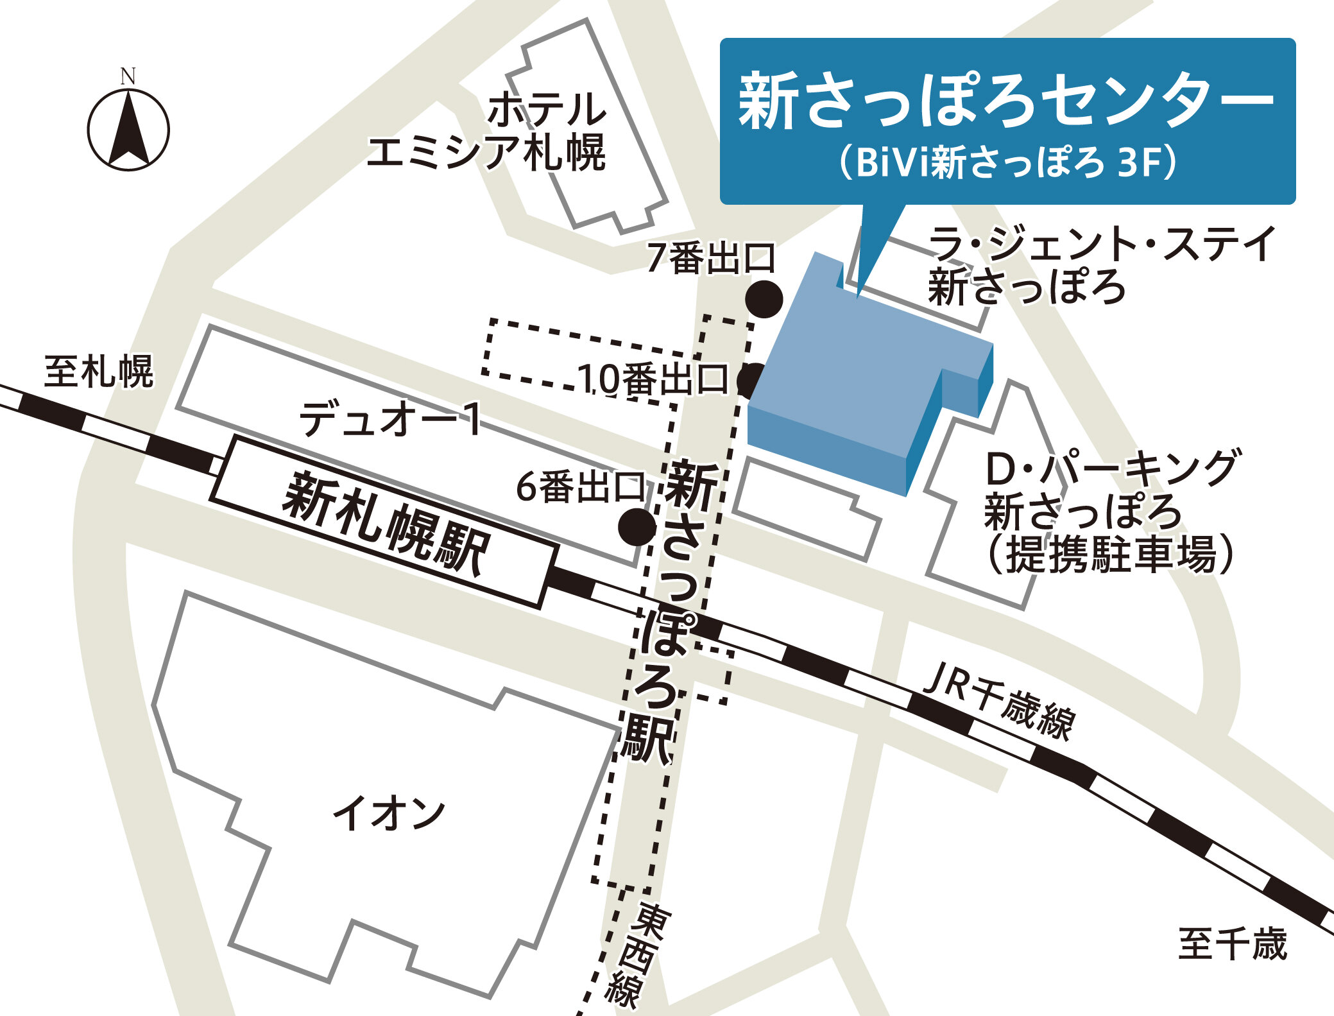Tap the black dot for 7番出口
point(764,299)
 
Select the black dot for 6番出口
point(637,527)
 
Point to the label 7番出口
point(710,258)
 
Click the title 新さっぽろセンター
point(1005,101)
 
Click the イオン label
point(389,814)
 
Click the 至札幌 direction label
point(98,372)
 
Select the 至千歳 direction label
point(1232,944)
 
